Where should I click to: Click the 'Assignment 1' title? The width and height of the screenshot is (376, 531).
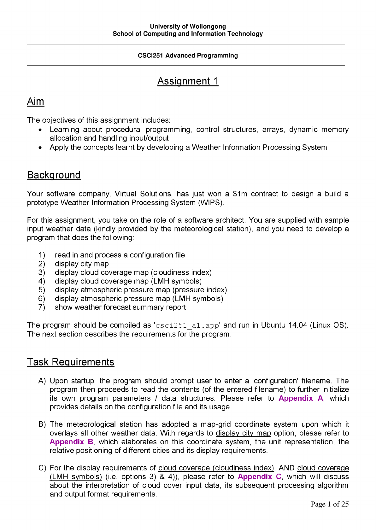[x=188, y=81]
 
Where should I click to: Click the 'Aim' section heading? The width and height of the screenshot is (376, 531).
[x=36, y=102]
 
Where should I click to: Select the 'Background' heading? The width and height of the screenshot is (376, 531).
[x=54, y=175]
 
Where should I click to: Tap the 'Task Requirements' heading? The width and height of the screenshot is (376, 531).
[x=71, y=362]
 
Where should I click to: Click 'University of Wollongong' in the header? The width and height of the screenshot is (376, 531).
[x=188, y=26]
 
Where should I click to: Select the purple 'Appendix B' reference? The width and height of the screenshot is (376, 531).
[x=71, y=442]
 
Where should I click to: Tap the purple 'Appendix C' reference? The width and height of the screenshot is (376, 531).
[x=259, y=476]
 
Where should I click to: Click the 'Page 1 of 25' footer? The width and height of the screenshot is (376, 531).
[x=330, y=504]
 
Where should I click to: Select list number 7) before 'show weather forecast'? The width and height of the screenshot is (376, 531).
[x=42, y=307]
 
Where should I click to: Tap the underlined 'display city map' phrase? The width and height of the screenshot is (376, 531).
[x=243, y=433]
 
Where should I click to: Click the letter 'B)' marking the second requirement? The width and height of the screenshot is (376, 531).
[x=42, y=424]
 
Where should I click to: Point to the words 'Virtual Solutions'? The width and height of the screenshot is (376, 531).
[x=143, y=194]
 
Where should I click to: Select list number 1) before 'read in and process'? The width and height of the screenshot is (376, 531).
[x=42, y=255]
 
